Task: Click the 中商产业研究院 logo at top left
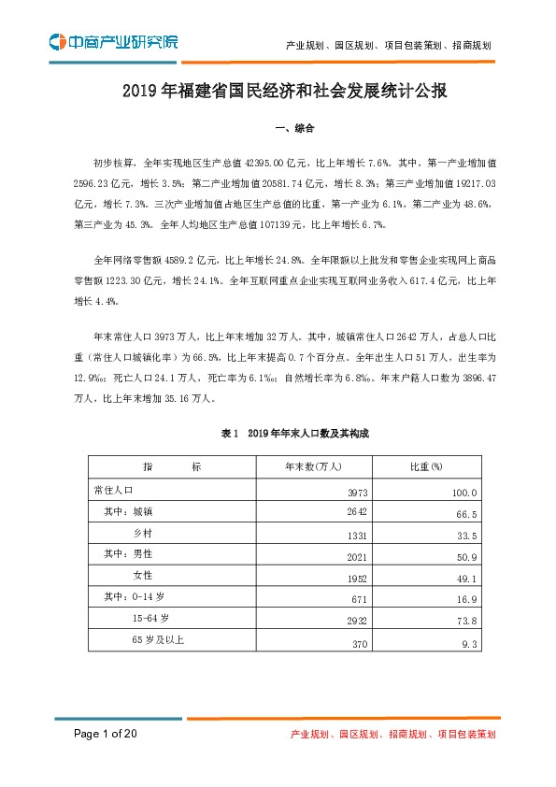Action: point(112,42)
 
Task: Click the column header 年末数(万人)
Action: point(315,467)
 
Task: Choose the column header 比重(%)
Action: point(425,467)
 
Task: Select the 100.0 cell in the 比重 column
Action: point(465,493)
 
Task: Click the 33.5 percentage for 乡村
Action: point(468,536)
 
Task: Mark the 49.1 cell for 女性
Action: point(468,578)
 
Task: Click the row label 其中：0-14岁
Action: point(135,596)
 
